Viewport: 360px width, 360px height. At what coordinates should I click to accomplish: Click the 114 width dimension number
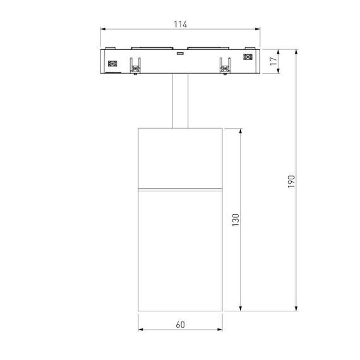(x=180, y=24)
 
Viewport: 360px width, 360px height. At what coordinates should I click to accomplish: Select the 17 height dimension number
(x=273, y=61)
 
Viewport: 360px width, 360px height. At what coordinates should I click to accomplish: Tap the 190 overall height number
(x=291, y=180)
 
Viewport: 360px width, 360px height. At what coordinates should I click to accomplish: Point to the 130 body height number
(x=235, y=220)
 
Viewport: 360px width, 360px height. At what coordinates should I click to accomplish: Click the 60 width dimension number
(x=180, y=325)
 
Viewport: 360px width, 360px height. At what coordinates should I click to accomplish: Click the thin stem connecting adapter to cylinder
(x=180, y=101)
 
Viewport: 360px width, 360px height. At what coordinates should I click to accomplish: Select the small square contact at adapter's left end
(x=114, y=63)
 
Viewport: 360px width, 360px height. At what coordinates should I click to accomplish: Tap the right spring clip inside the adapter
(x=224, y=66)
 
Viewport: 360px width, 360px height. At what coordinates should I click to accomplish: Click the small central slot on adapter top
(x=180, y=54)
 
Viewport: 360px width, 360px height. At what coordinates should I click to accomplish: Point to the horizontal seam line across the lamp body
(x=180, y=188)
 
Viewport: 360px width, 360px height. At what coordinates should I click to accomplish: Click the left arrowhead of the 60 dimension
(x=140, y=330)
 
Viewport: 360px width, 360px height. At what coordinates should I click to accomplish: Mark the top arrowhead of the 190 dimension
(x=296, y=51)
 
